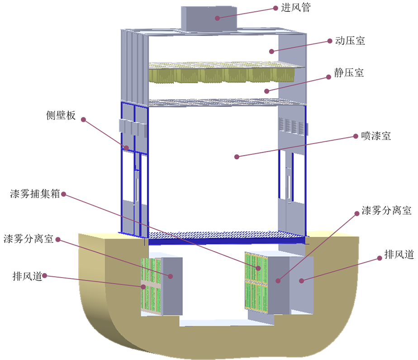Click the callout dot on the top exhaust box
tap(217, 18)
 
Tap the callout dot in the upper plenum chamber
tap(271, 51)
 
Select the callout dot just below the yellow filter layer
tap(266, 91)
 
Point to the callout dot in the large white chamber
tap(236, 157)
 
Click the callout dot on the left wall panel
tap(127, 148)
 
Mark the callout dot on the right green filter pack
tap(258, 268)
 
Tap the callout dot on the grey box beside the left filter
tap(171, 276)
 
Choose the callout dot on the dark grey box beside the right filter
tap(279, 281)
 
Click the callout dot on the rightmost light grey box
tap(301, 281)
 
